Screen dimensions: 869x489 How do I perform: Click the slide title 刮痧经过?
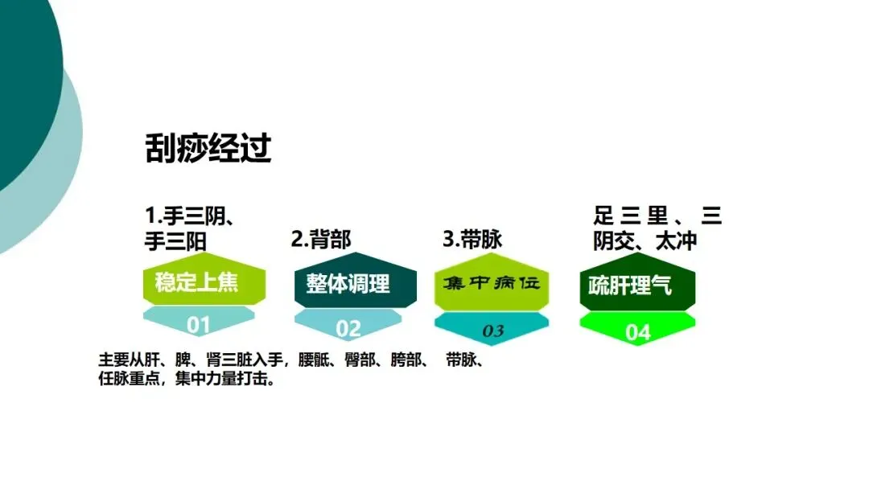(208, 149)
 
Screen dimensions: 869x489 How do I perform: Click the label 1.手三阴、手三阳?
(193, 228)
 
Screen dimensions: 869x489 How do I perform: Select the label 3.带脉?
(472, 239)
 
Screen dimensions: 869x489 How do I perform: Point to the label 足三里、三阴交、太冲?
(657, 228)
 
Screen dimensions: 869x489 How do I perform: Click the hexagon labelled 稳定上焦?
(198, 284)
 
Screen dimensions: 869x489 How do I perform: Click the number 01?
(198, 325)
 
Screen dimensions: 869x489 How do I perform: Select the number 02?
(348, 328)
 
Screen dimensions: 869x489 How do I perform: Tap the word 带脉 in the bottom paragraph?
(460, 360)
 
